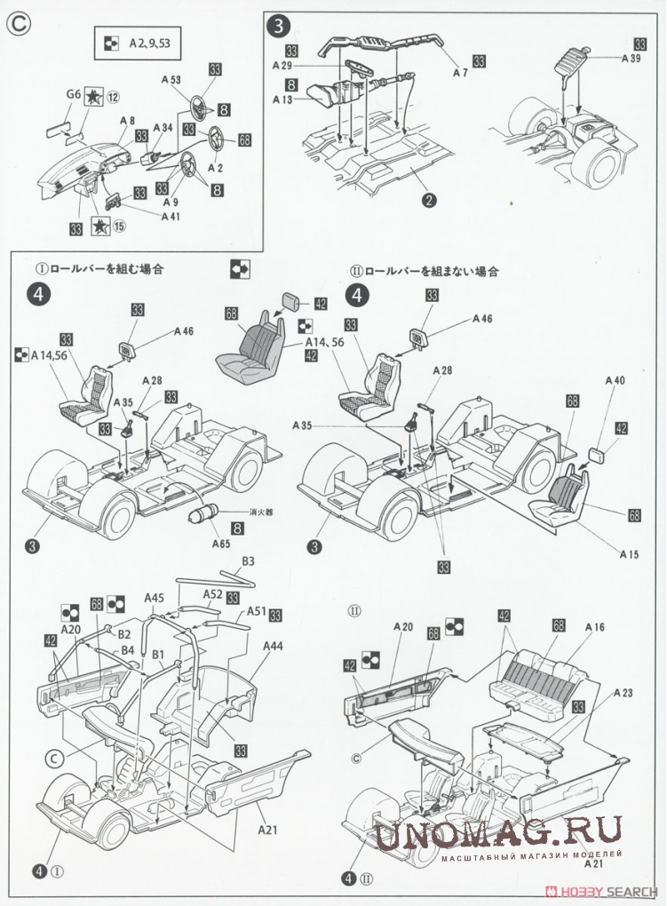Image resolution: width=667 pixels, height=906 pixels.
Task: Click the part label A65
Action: click(221, 543)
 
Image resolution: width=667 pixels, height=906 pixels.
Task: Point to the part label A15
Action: click(628, 553)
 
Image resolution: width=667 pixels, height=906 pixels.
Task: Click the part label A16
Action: click(594, 628)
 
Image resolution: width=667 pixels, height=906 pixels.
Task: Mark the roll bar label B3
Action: click(249, 560)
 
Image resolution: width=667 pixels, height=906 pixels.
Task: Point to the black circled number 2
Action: click(430, 200)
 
